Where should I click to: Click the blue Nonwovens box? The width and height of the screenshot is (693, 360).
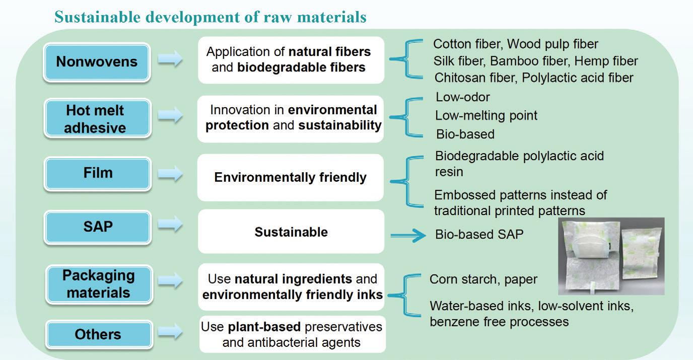97,62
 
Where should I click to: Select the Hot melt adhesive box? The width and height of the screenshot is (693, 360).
97,118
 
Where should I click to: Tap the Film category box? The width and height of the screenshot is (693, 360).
98,174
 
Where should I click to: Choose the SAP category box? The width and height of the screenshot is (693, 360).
98,227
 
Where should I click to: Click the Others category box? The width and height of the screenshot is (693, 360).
99,335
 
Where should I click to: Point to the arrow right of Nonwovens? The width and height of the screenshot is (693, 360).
170,58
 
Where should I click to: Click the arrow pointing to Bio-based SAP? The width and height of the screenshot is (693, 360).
408,236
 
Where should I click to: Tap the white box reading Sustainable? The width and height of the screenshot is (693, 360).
291,232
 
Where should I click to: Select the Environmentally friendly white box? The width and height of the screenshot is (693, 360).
291,178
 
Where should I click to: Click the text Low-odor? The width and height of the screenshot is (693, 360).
462,97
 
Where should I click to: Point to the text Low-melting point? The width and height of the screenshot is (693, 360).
486,116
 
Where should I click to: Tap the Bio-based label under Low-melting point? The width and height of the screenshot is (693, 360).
465,134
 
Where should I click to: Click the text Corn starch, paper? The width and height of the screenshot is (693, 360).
483,279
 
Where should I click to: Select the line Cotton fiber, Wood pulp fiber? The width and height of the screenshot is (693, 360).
515,44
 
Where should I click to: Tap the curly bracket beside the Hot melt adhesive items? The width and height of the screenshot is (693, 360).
406,117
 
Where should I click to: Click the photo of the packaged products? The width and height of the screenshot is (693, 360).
611,256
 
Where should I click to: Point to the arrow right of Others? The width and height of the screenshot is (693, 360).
170,332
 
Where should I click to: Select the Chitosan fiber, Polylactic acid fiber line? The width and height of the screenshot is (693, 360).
534,78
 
